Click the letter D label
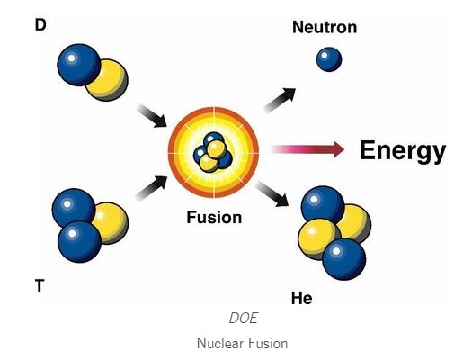pos(40,24)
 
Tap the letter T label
pos(40,285)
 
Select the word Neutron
pos(325,27)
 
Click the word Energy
pos(403,151)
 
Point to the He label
pos(301,299)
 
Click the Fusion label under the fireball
pos(214,217)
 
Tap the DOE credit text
pos(244,318)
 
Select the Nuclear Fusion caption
pos(243,344)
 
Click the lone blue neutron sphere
pos(329,59)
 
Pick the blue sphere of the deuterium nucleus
pos(79,65)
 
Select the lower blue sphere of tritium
pos(79,241)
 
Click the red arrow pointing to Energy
pos(307,149)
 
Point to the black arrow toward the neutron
pos(280,100)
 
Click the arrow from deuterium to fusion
pos(152,116)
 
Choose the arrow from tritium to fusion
pos(151,188)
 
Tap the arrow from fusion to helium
pos(272,194)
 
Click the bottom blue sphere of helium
pos(344,259)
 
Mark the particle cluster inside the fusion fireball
pos(213,152)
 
